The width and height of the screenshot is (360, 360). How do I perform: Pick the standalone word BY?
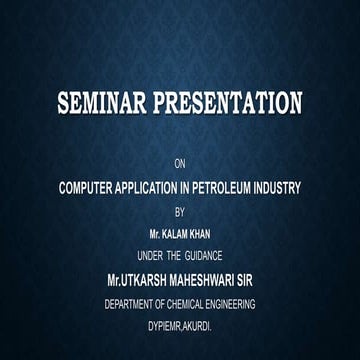coord(180,210)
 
